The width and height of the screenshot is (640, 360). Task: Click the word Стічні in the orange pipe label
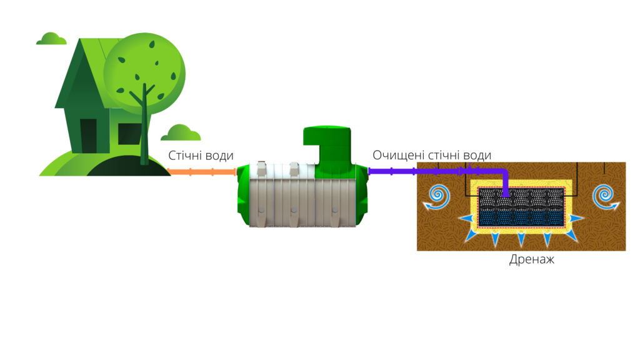(185, 156)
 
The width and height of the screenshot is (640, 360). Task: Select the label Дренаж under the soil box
(532, 259)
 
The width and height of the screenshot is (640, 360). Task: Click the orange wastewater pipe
(202, 172)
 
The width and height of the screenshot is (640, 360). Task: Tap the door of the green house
(89, 136)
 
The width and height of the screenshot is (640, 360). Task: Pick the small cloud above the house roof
(51, 39)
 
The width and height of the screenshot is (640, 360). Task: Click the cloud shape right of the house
(181, 133)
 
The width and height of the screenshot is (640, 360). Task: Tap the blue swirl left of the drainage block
(436, 197)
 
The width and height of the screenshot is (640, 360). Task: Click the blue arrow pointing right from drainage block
(575, 219)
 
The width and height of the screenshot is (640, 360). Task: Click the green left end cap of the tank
(244, 195)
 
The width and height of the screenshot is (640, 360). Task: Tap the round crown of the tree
(144, 74)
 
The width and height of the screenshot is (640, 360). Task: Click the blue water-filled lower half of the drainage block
(521, 217)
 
